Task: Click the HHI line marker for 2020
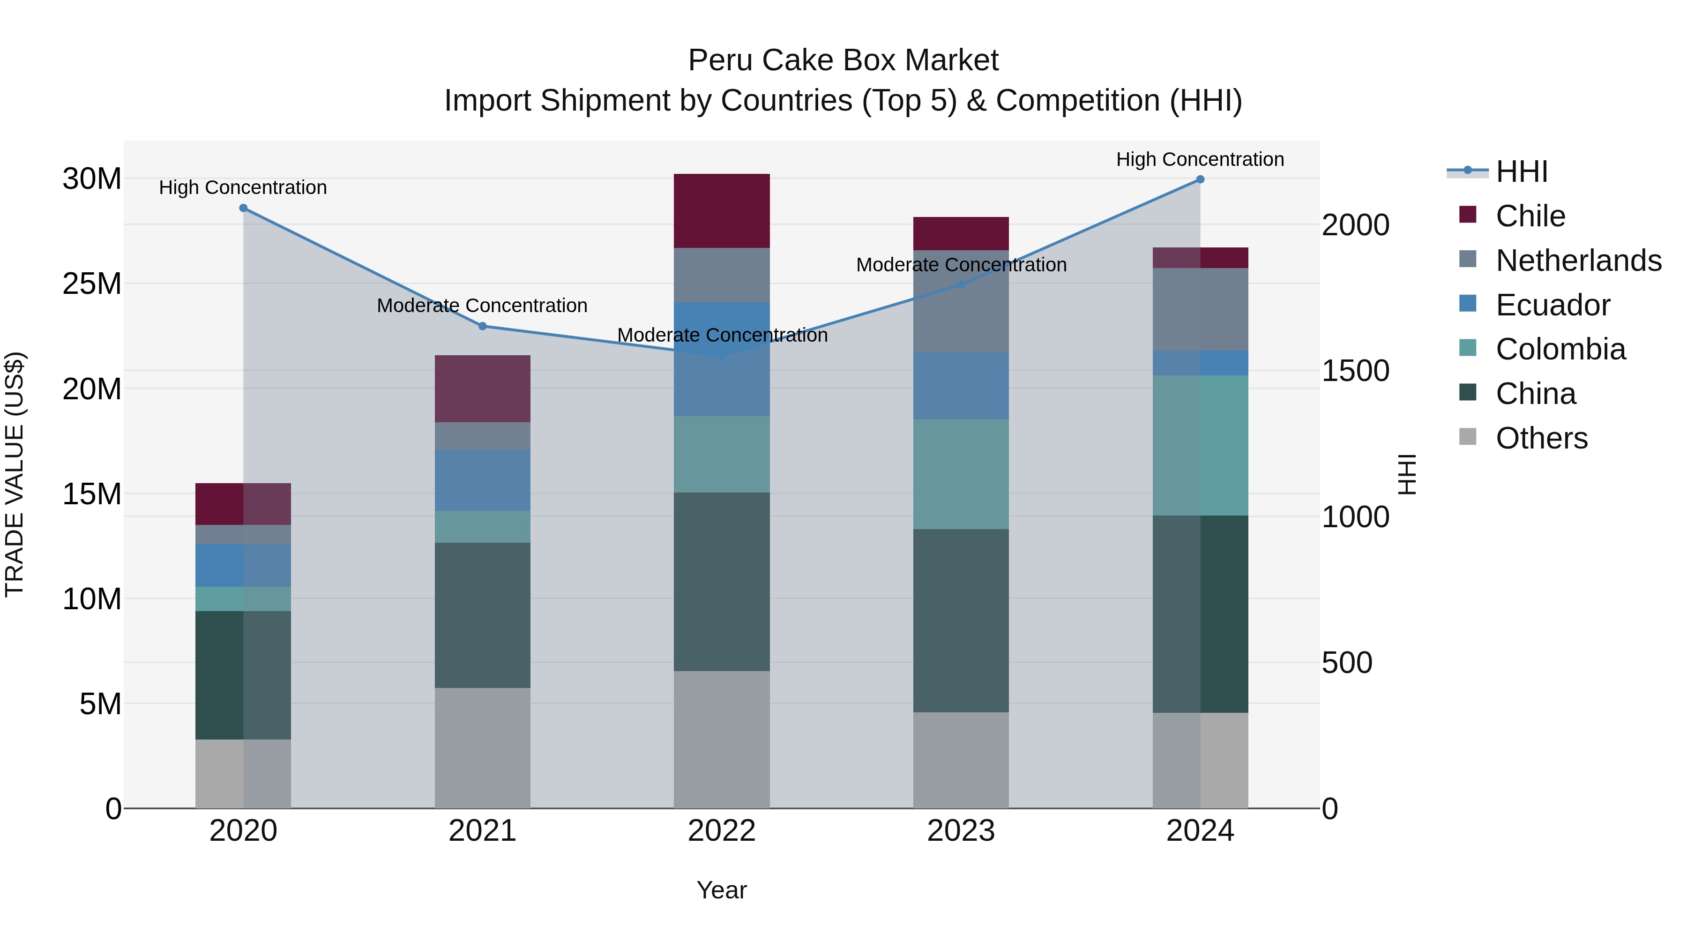243,208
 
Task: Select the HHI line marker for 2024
1200,179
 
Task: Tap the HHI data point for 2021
483,326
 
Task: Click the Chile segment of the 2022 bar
722,211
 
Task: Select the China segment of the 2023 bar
961,621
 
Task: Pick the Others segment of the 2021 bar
483,748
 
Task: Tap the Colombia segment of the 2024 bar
1200,445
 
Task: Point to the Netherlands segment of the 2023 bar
961,302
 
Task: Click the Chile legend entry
1530,216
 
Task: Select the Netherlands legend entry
1578,261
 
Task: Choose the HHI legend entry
1521,172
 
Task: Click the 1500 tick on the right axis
1355,371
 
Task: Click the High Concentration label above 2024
1200,160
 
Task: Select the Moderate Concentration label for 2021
482,306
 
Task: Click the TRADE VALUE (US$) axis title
15,474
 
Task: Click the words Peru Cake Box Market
843,61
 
